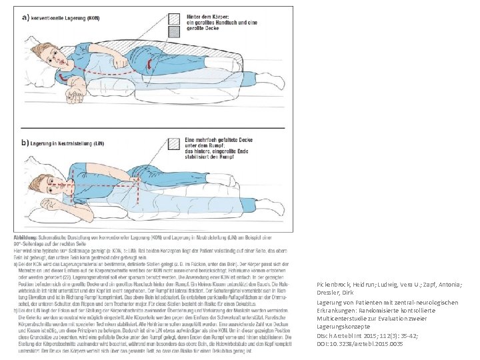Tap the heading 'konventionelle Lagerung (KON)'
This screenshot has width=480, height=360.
click(67, 19)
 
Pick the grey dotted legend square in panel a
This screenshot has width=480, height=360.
click(175, 31)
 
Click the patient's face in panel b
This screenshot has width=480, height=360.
click(56, 183)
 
